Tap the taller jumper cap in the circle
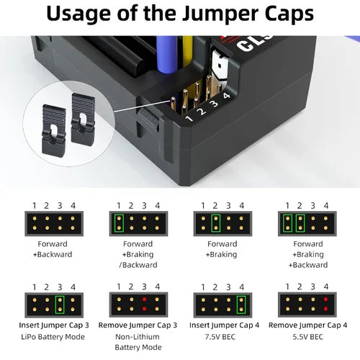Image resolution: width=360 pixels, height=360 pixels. click(83, 120)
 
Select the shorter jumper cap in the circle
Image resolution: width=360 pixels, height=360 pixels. click(54, 129)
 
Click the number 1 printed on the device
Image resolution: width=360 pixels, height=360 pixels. click(189, 118)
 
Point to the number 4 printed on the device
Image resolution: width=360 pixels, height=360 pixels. click(227, 96)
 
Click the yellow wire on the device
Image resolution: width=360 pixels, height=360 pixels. click(187, 52)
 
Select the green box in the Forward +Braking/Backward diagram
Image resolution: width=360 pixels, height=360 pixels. click(119, 223)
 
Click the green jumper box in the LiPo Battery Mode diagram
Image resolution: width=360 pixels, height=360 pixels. click(60, 305)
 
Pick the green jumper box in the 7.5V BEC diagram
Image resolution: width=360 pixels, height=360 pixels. click(241, 305)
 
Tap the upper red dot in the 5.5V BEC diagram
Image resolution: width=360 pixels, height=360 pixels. click(325, 300)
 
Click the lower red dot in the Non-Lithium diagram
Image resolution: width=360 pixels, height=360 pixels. click(144, 309)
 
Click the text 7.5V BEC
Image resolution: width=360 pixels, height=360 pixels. click(220, 337)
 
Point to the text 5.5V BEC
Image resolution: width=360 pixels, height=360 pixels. click(307, 337)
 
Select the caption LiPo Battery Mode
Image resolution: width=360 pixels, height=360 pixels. click(53, 337)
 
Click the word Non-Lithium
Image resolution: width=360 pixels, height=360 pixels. click(138, 337)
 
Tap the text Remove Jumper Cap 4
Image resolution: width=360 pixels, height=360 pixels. click(307, 325)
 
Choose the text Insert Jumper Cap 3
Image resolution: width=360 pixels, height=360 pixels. click(54, 325)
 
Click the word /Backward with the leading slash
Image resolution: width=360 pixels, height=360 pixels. click(138, 265)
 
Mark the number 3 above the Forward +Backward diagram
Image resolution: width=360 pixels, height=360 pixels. click(60, 206)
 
